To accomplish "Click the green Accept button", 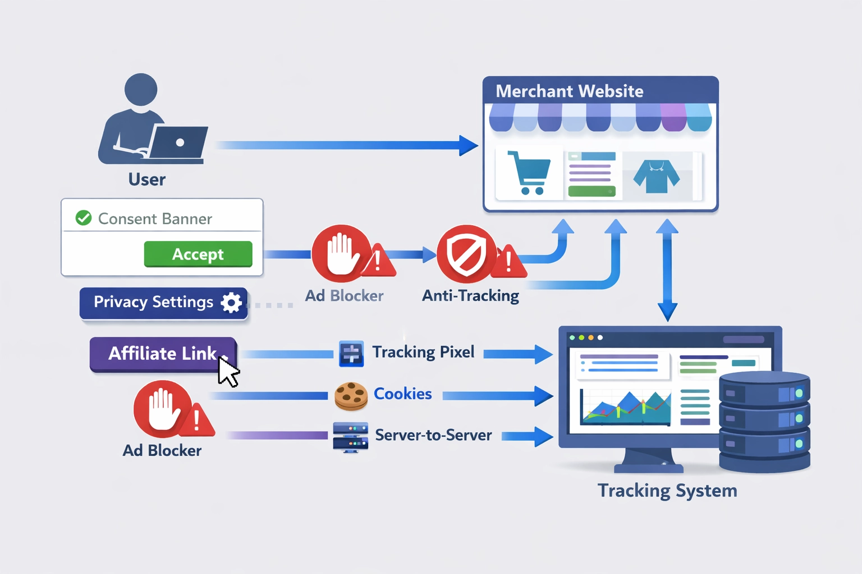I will [x=198, y=254].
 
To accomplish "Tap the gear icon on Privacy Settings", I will [x=231, y=302].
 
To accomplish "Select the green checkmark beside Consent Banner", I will [x=84, y=217].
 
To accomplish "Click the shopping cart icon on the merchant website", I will [x=529, y=173].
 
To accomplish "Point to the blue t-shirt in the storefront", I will [x=656, y=176].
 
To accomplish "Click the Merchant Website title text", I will [x=569, y=91].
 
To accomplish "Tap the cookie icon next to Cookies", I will [x=351, y=396].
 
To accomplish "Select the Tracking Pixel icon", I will [x=351, y=354].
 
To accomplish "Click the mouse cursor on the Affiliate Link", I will [x=227, y=372].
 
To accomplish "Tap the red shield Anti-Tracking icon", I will [x=466, y=253].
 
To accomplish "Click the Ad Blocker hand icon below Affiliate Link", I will [x=162, y=409].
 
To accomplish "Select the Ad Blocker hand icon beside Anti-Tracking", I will [x=341, y=253].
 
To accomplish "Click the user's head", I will [x=141, y=89].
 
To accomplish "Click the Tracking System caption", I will [x=667, y=490].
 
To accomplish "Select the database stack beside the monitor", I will [x=764, y=421].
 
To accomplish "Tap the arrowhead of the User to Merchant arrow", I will [x=468, y=145].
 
